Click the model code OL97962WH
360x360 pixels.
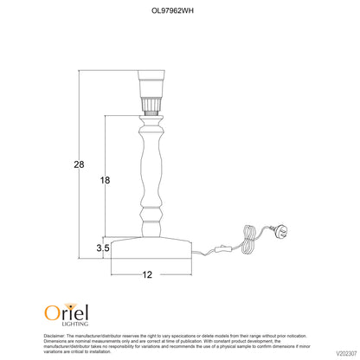172,10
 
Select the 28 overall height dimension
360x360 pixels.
79,164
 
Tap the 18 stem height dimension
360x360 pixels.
105,180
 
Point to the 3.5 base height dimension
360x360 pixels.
103,247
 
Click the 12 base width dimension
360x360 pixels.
147,274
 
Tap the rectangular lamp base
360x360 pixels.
151,247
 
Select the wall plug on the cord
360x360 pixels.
280,231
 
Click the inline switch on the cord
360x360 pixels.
221,249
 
